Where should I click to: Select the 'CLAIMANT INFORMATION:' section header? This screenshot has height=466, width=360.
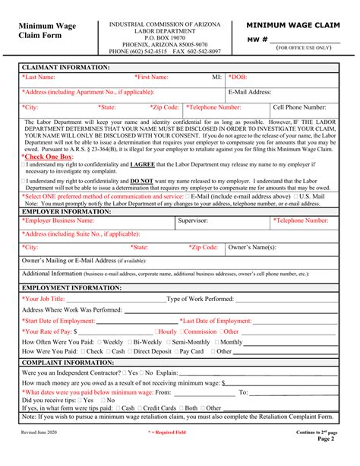coord(66,67)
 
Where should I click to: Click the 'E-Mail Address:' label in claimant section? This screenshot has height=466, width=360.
coord(250,92)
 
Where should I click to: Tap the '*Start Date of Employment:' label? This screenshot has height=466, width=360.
coord(67,321)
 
